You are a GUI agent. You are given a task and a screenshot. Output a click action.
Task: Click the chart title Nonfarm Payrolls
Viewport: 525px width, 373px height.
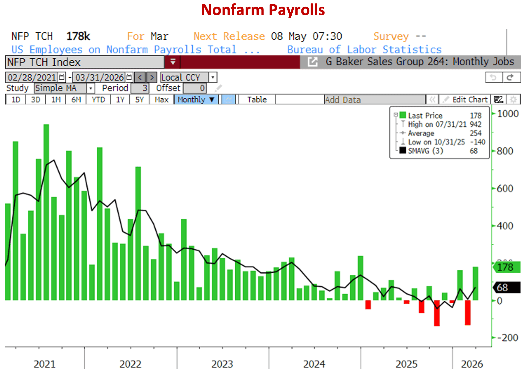[263, 10]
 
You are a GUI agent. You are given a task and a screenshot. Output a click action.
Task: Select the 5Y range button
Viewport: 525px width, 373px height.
[139, 100]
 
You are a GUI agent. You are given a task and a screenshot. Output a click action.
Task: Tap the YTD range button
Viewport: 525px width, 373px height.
[98, 100]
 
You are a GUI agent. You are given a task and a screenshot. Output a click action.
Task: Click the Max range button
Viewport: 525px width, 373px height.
[161, 100]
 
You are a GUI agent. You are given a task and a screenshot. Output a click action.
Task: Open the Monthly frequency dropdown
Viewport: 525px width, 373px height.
[196, 100]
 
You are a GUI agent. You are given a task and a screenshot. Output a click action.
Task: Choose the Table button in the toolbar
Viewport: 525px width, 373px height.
[257, 100]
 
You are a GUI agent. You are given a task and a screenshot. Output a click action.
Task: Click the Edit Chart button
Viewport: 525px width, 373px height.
[469, 100]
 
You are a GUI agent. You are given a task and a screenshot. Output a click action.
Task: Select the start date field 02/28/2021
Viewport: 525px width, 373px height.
[32, 77]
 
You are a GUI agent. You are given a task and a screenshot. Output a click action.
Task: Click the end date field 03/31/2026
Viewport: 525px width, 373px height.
[99, 77]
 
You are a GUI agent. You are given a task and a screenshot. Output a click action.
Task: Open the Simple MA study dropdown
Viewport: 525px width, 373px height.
[64, 88]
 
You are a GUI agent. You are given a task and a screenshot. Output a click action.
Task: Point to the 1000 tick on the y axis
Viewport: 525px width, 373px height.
[508, 114]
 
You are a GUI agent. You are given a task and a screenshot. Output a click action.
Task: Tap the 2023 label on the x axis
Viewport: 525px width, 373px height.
[222, 364]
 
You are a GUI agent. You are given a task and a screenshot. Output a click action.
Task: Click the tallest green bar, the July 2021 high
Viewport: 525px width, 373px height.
[46, 211]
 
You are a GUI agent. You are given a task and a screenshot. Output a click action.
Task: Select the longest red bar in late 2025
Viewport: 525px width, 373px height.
[437, 313]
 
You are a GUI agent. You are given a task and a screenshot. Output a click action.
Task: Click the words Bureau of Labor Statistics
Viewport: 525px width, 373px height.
[364, 50]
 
